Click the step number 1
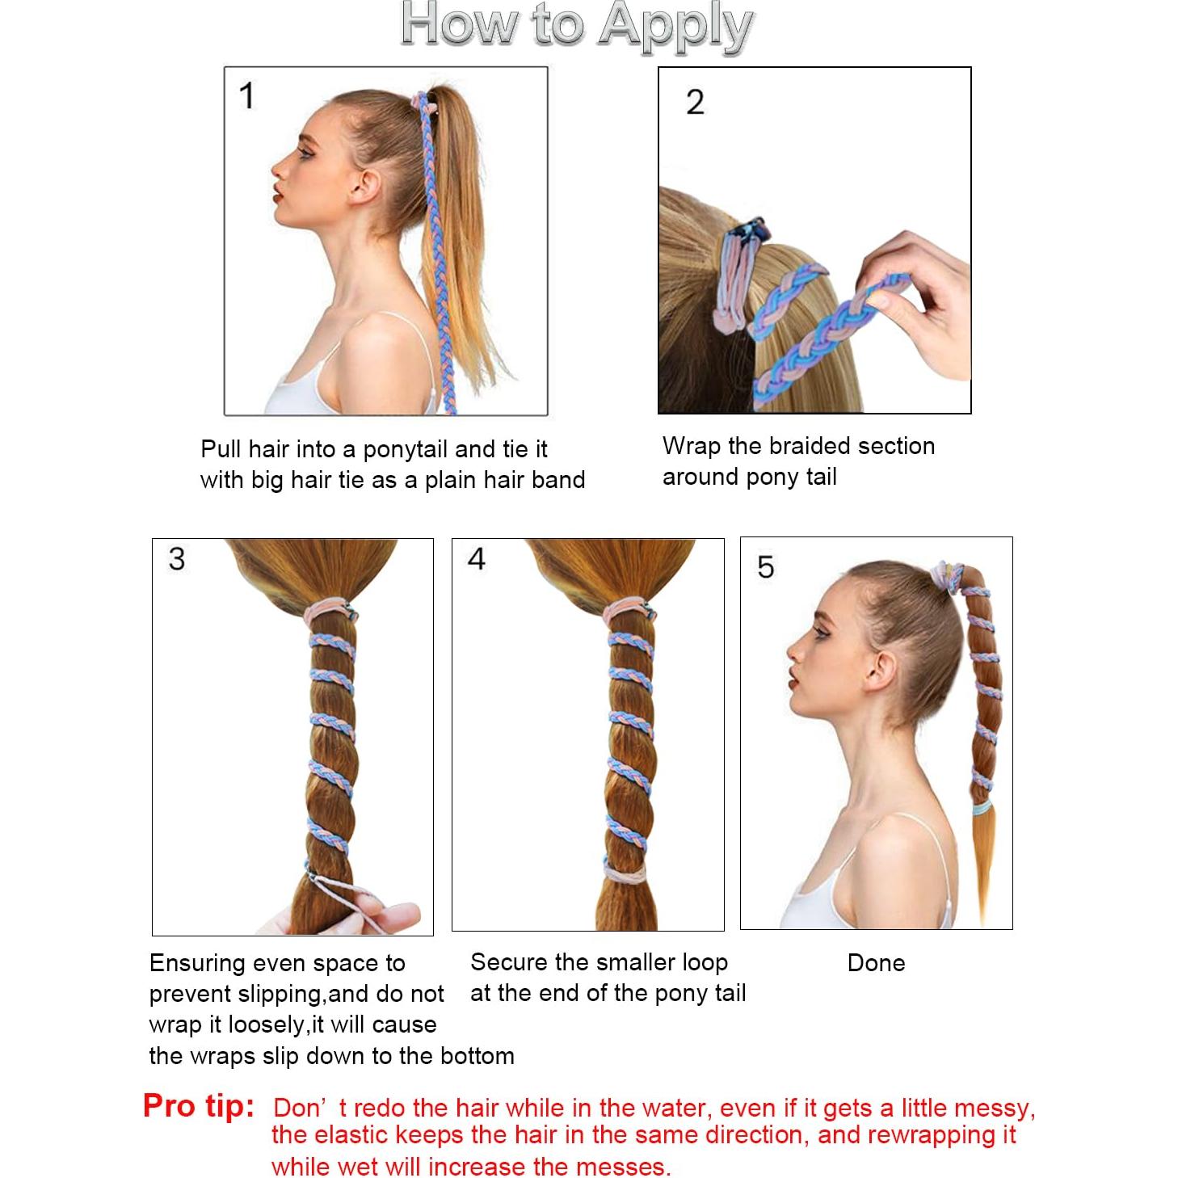[x=246, y=96]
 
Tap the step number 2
[x=695, y=102]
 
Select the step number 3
[x=177, y=559]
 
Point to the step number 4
[x=476, y=559]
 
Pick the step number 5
[x=765, y=567]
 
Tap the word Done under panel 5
[x=876, y=963]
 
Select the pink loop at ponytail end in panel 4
[x=625, y=873]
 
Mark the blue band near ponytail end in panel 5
[x=982, y=809]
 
